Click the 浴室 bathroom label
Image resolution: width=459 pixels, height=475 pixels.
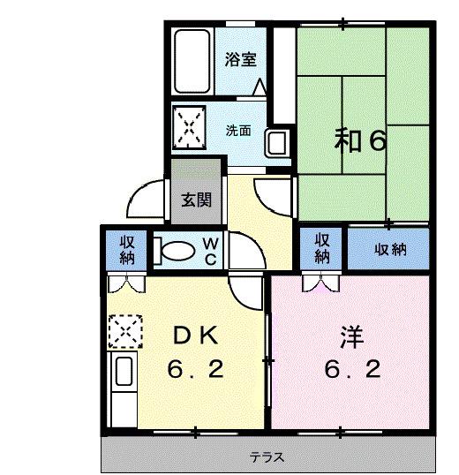[240, 60]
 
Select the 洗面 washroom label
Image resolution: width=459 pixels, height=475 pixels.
[238, 131]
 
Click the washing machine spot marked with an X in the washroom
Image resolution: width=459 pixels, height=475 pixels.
[190, 126]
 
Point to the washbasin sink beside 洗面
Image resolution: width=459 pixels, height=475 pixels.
[276, 141]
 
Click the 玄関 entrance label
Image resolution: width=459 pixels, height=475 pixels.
[196, 200]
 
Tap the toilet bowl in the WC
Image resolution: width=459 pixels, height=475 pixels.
[178, 251]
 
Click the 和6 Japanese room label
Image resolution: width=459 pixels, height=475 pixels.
[359, 139]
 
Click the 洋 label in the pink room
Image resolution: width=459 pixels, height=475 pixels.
[351, 336]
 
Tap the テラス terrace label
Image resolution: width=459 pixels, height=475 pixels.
[266, 458]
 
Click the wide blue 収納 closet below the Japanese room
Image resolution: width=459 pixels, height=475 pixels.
[388, 250]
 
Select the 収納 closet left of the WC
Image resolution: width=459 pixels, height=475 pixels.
[128, 249]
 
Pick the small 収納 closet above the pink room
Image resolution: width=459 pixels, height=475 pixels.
[322, 248]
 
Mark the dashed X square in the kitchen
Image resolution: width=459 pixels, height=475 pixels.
[124, 333]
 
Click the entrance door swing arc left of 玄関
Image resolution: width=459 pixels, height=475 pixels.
[141, 198]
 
